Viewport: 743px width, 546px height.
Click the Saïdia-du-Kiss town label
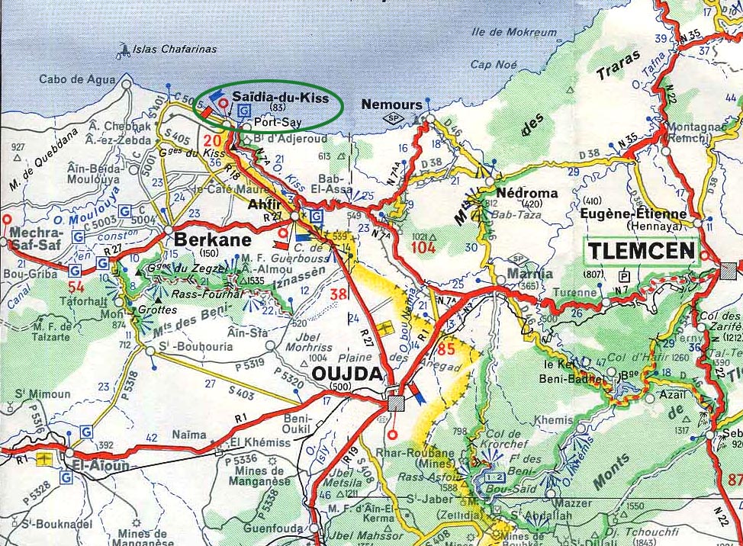coord(280,98)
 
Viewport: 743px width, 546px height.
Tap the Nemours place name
coord(391,104)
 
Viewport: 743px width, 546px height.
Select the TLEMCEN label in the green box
coord(641,251)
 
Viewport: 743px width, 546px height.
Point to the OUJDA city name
coord(347,374)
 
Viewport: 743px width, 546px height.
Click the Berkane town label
coord(202,239)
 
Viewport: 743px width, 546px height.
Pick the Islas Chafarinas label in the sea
coord(175,49)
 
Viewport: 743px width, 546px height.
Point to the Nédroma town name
coord(526,193)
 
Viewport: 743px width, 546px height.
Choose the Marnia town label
coord(532,274)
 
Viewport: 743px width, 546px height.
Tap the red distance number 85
coord(449,350)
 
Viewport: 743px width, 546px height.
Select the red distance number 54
coord(76,287)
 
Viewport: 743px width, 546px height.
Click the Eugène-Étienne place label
coord(633,214)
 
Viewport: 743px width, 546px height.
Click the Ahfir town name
coord(266,204)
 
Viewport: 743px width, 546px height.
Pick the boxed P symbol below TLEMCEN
coord(625,276)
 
